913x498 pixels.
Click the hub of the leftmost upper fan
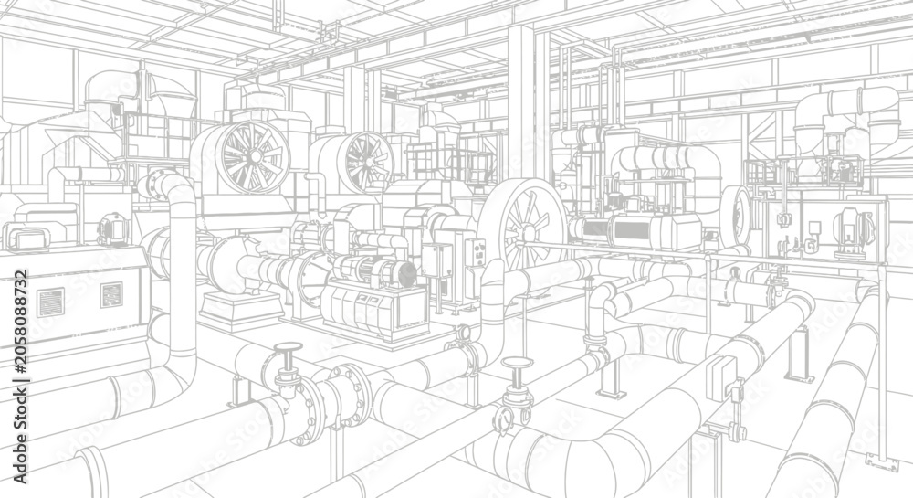(255, 155)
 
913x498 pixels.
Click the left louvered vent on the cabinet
(50, 302)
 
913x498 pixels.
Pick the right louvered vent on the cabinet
(111, 294)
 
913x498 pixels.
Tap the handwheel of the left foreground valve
(289, 348)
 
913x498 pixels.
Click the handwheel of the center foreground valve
(518, 364)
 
